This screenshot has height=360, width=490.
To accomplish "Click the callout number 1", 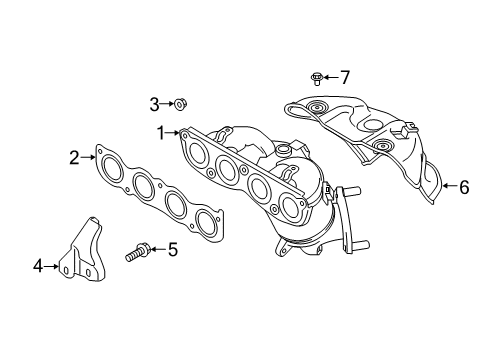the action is pyautogui.click(x=161, y=133).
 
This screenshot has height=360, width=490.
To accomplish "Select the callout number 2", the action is pyautogui.click(x=74, y=157).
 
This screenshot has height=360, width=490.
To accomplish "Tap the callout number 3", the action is pyautogui.click(x=154, y=104).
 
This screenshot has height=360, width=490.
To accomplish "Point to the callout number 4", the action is pyautogui.click(x=38, y=266).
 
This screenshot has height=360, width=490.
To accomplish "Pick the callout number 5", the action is pyautogui.click(x=173, y=249).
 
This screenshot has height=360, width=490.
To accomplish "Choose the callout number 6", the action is pyautogui.click(x=464, y=187).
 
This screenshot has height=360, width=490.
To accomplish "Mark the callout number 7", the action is pyautogui.click(x=345, y=77).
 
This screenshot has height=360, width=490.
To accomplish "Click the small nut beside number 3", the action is pyautogui.click(x=180, y=105).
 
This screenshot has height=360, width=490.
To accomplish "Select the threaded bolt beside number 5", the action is pyautogui.click(x=138, y=252).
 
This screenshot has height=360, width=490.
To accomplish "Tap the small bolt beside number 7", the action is pyautogui.click(x=315, y=79).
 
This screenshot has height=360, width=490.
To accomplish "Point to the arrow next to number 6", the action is pyautogui.click(x=450, y=186).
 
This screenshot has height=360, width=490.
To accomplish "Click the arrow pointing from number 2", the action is pyautogui.click(x=88, y=157).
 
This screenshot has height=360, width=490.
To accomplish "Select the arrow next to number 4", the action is pyautogui.click(x=51, y=266).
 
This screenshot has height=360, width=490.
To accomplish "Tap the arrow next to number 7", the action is pyautogui.click(x=330, y=77).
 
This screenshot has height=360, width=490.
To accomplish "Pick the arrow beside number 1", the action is pyautogui.click(x=173, y=133).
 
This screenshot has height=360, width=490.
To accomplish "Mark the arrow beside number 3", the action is pyautogui.click(x=167, y=104).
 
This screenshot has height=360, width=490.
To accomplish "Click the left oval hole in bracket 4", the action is pyautogui.click(x=66, y=270).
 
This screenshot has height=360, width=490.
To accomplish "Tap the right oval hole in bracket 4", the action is pyautogui.click(x=88, y=273).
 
